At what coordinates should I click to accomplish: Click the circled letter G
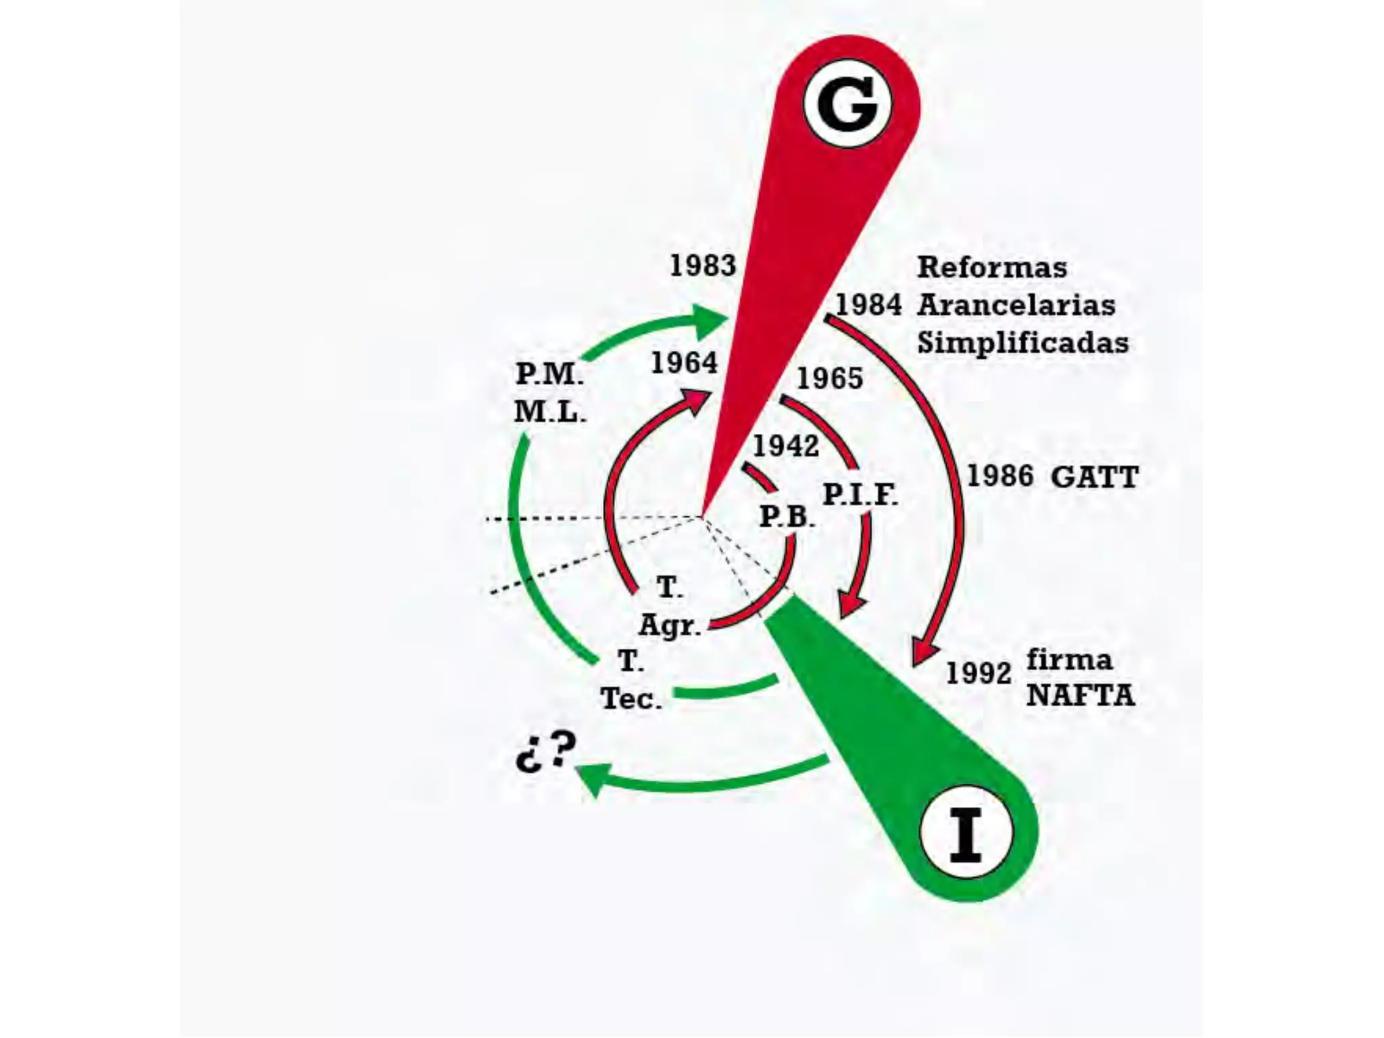847,105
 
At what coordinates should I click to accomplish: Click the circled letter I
966,832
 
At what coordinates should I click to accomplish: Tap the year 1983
702,266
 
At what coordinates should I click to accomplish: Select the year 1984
868,305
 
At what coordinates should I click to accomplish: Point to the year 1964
684,364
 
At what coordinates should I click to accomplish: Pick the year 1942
786,446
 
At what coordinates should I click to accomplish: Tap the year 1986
1000,476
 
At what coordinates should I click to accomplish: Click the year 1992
979,673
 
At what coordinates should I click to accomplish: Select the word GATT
1095,478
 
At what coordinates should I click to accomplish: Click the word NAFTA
1080,696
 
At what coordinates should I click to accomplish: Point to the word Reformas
992,268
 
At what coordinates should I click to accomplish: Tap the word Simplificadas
1022,343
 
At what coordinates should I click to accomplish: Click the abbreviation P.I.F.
860,495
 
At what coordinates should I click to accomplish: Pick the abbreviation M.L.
550,412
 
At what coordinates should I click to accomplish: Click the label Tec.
631,699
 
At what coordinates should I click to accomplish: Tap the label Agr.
670,625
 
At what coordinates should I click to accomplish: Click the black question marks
546,751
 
